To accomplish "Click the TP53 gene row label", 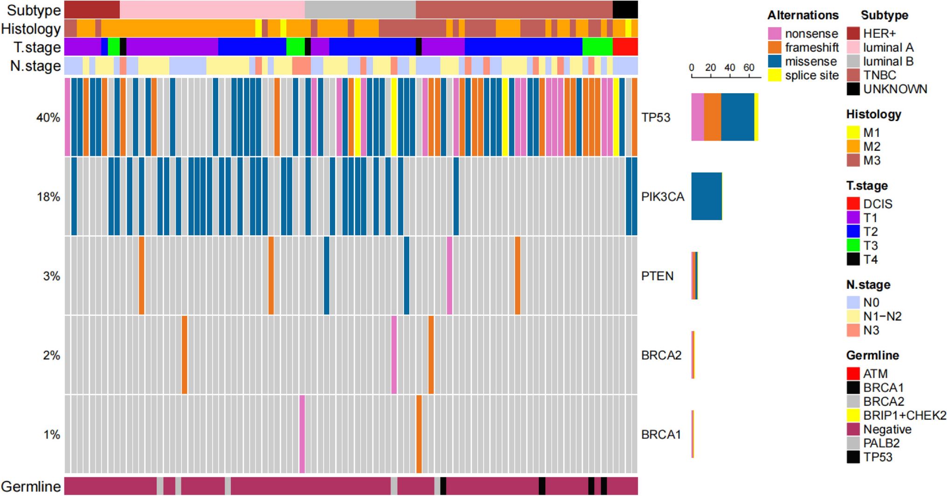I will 655,117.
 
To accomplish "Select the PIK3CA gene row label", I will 662,197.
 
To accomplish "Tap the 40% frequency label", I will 48,117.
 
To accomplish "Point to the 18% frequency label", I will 48,197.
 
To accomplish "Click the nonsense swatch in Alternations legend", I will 775,34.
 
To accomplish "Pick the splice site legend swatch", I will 775,75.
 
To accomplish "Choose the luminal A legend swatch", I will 853,48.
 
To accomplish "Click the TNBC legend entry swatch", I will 853,75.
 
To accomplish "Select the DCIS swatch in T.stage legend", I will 853,204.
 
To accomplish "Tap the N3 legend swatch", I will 853,330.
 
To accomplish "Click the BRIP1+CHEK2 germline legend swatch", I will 853,415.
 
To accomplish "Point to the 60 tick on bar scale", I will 748,68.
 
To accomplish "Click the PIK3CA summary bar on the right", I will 707,197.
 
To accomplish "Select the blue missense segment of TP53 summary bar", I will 737,117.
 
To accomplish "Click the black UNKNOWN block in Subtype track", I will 625,10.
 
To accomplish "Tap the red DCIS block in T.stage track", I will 625,47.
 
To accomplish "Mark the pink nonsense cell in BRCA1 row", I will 302,434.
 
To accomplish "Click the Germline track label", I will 31,487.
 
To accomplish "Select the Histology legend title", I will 873,115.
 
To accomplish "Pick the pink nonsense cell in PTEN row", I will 449,276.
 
